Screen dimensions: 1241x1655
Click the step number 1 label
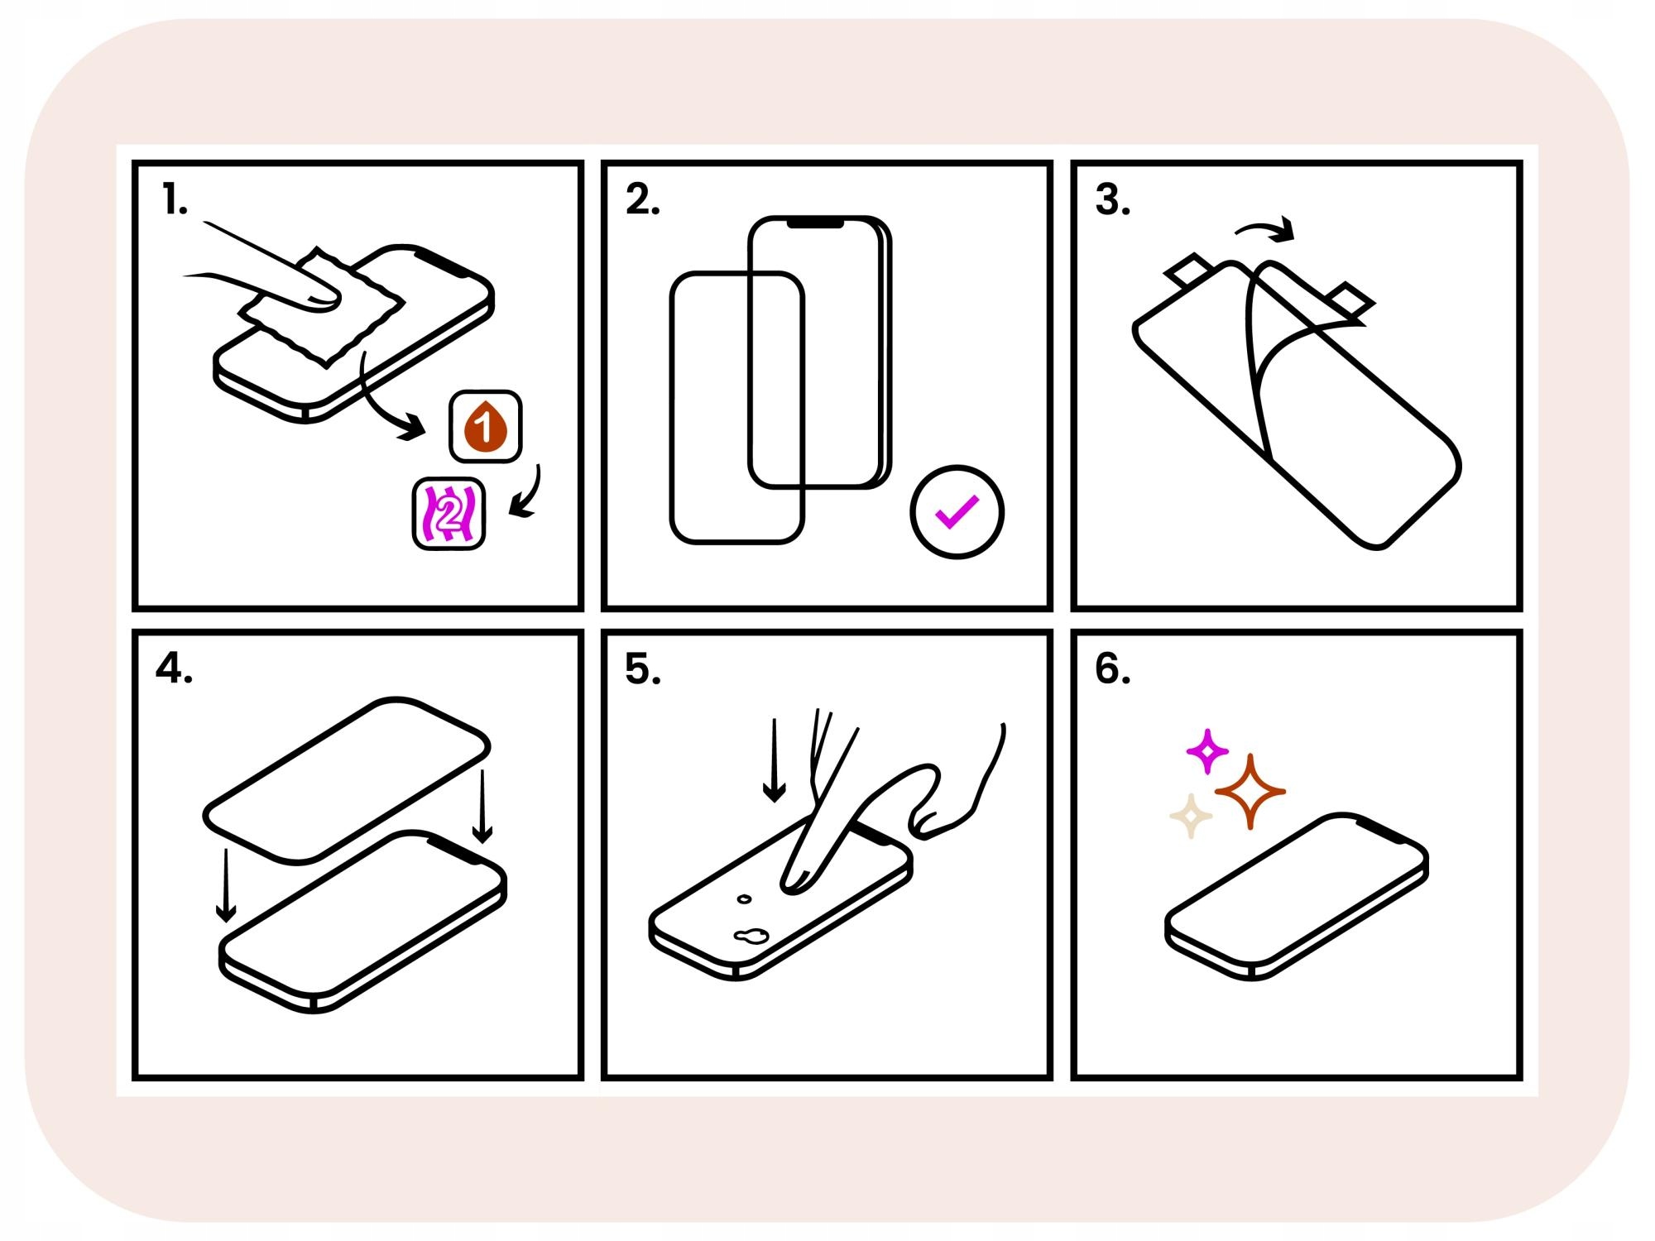[x=175, y=200]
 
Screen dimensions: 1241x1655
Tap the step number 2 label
[x=642, y=200]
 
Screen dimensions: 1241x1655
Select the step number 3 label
[x=1112, y=200]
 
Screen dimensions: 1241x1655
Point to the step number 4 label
[x=174, y=668]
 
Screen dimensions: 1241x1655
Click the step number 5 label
[x=642, y=668]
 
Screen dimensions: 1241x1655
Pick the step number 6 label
[x=1112, y=668]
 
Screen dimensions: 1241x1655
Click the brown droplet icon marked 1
[x=485, y=426]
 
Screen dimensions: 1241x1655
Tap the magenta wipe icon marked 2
[x=449, y=514]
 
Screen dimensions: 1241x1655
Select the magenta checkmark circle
[x=957, y=512]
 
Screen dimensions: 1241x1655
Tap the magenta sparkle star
[x=1207, y=751]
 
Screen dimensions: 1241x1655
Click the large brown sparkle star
[x=1250, y=792]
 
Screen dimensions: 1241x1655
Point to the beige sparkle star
[x=1191, y=817]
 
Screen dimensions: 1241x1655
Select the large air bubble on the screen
[x=751, y=936]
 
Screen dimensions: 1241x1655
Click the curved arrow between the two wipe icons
[x=526, y=495]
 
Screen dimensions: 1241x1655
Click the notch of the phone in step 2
[x=815, y=223]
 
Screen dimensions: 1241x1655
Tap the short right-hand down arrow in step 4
[x=482, y=807]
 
